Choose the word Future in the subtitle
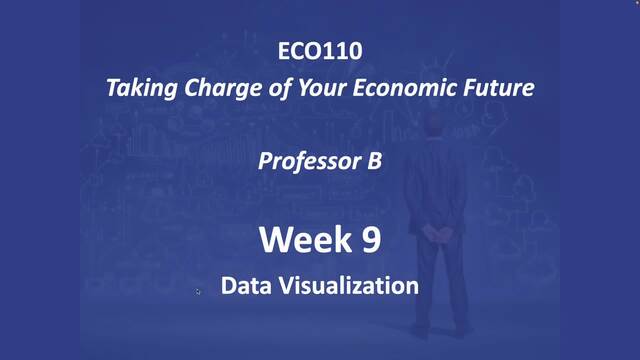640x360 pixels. (497, 87)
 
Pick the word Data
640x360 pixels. (245, 286)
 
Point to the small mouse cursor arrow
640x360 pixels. (198, 291)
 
